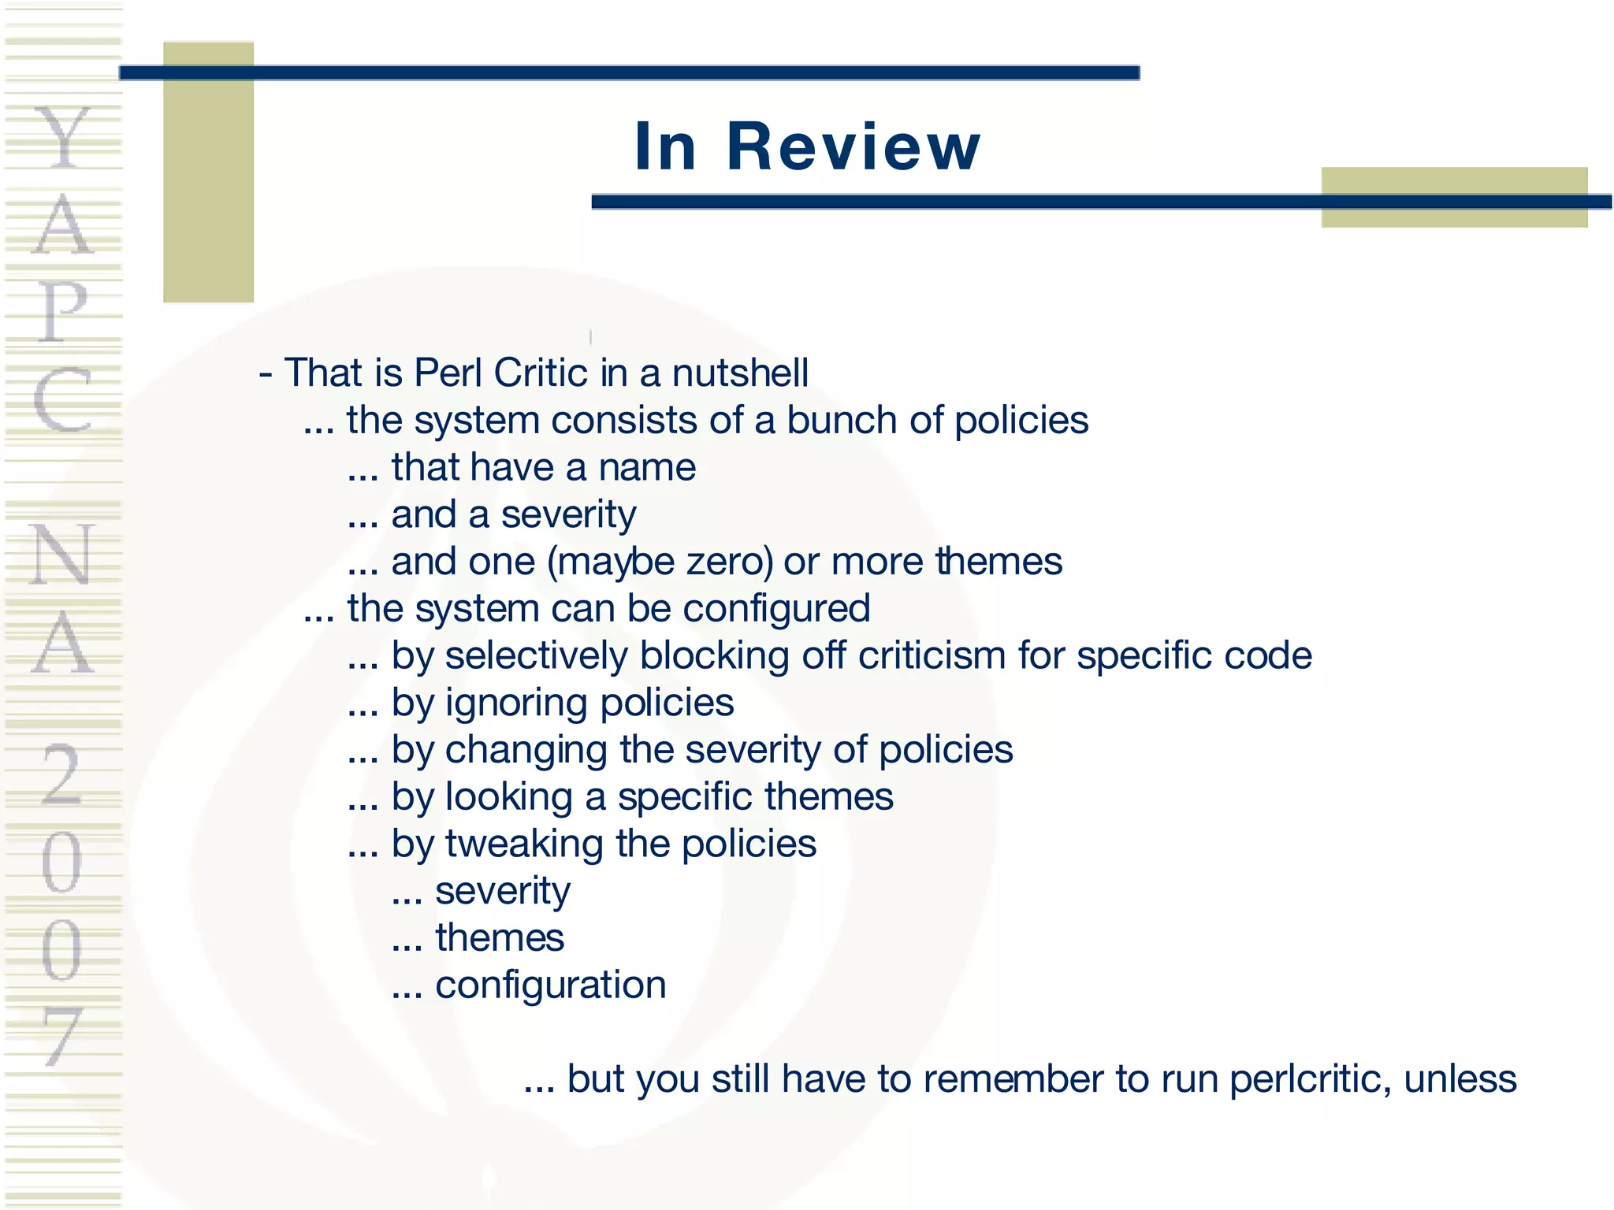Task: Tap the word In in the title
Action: click(665, 147)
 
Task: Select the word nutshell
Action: click(740, 373)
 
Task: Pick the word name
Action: click(647, 468)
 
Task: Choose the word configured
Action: click(776, 609)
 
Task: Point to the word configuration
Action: click(551, 985)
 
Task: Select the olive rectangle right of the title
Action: click(1454, 197)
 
